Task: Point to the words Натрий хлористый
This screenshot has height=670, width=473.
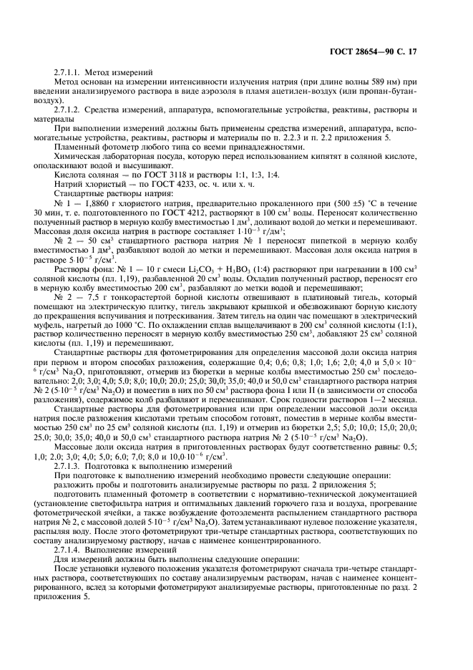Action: click(x=87, y=185)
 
